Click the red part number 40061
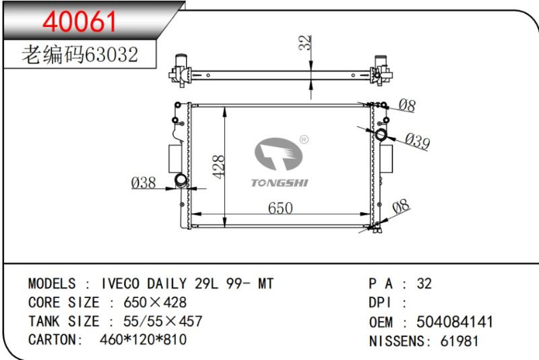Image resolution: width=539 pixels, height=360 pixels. pyautogui.click(x=80, y=22)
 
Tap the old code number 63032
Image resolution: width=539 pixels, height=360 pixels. pyautogui.click(x=111, y=55)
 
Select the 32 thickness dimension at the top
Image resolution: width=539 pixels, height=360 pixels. pyautogui.click(x=305, y=42)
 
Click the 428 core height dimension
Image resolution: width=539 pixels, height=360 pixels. pyautogui.click(x=218, y=167)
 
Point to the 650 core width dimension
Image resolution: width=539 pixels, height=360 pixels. pyautogui.click(x=280, y=208)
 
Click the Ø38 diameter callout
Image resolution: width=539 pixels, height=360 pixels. pyautogui.click(x=144, y=183)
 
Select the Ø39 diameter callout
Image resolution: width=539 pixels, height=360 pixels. pyautogui.click(x=417, y=141)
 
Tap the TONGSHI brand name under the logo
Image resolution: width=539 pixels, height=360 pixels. pyautogui.click(x=280, y=183)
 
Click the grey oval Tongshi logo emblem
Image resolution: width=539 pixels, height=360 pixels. pyautogui.click(x=278, y=154)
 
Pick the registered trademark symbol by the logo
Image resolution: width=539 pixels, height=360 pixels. pyautogui.click(x=305, y=140)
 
